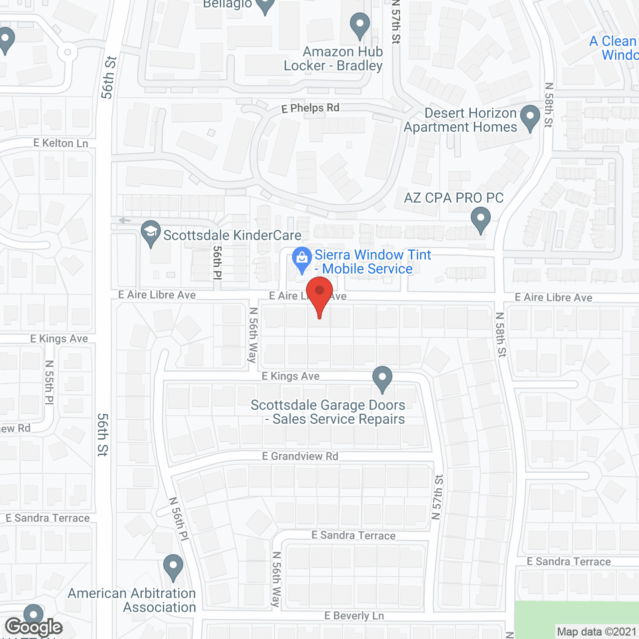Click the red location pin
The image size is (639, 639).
point(319,295)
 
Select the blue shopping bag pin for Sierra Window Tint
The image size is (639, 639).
point(302,259)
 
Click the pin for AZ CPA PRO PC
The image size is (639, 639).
point(481,220)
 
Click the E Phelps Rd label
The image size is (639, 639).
point(310,108)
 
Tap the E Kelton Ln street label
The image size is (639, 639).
point(61,143)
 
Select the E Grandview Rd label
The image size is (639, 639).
point(300,456)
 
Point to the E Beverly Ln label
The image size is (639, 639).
point(354,616)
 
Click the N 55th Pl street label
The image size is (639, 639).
point(49,382)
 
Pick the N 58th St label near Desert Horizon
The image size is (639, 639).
point(549,105)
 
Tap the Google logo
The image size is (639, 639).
point(34,627)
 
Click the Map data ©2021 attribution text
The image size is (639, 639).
point(596,632)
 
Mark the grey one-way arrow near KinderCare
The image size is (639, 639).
point(124,220)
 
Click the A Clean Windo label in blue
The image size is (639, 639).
point(614,48)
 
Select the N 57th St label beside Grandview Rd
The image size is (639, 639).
point(437,497)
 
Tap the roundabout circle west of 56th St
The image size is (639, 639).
point(67,52)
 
